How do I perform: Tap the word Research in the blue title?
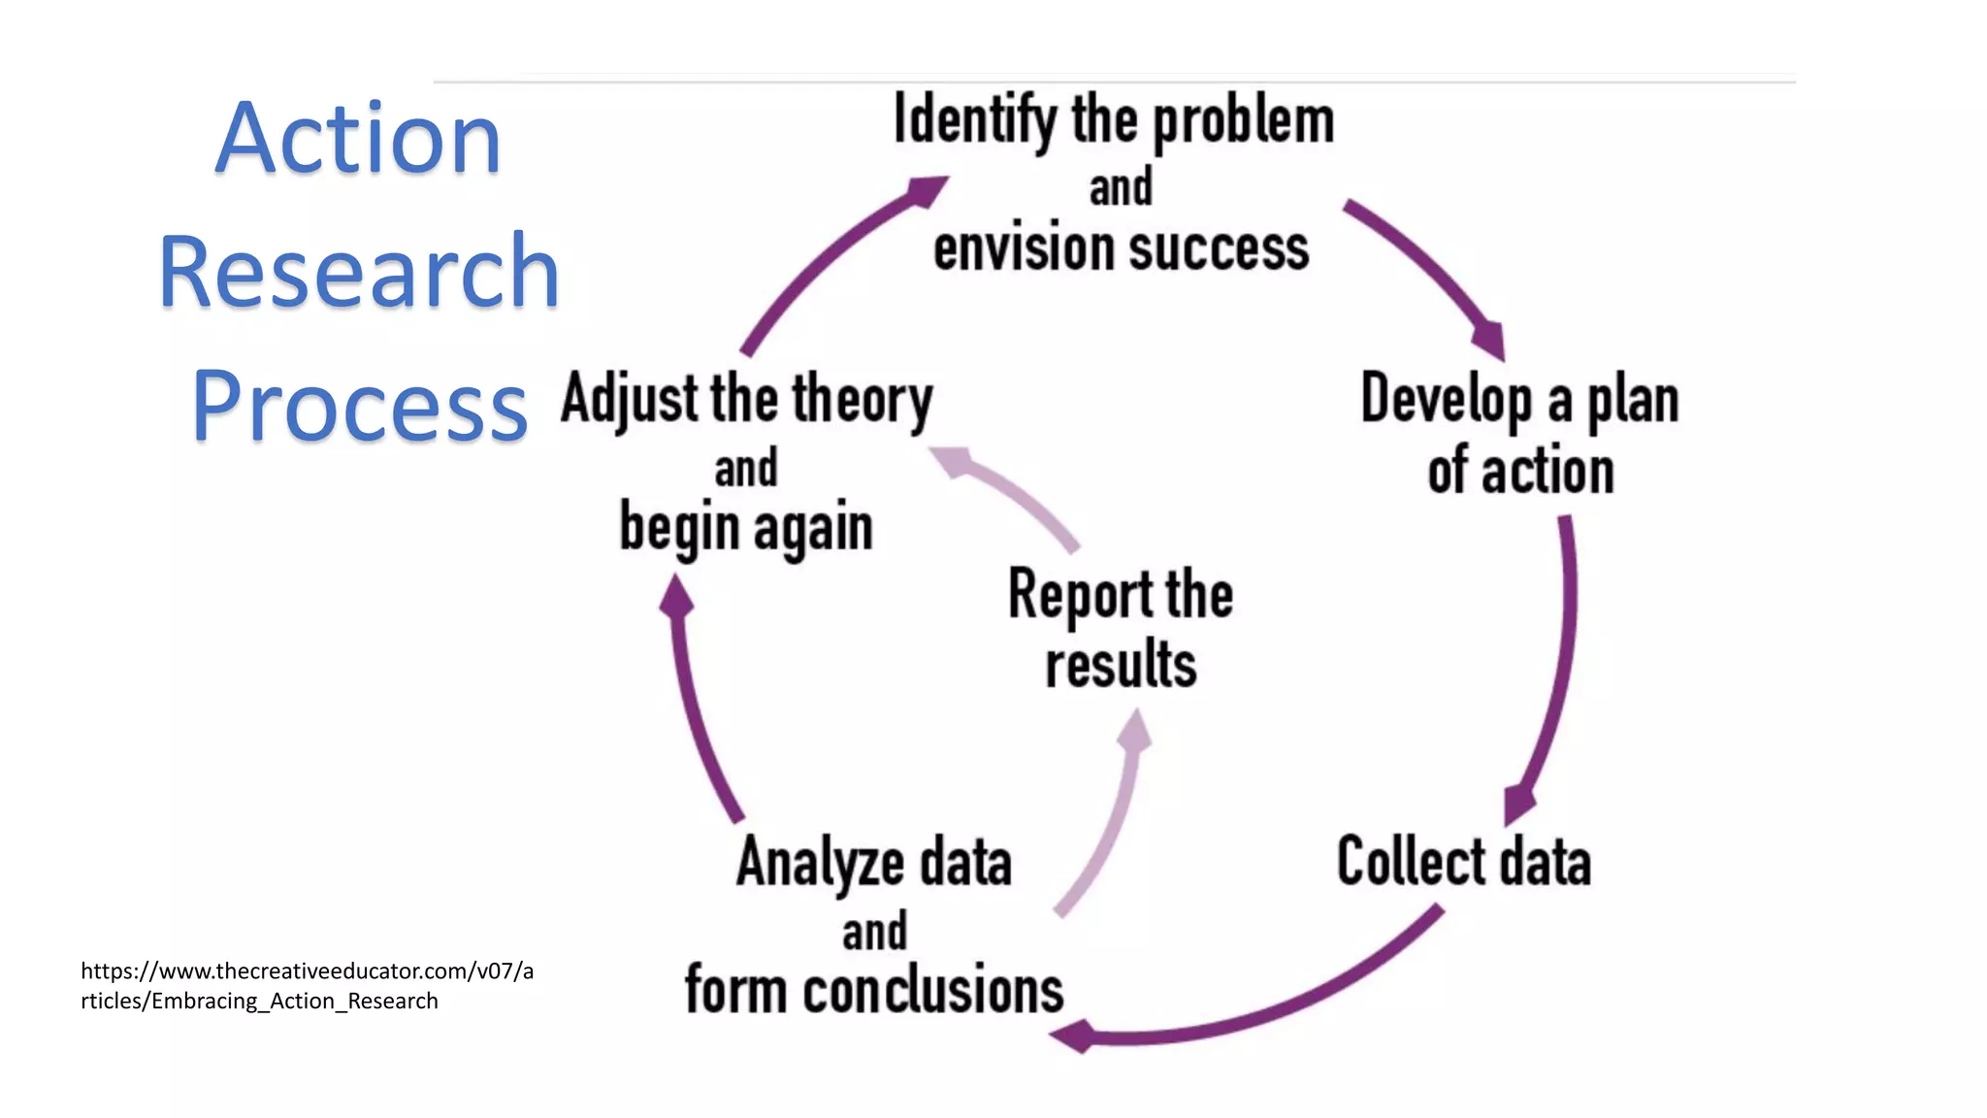(x=359, y=273)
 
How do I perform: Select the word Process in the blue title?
(x=359, y=407)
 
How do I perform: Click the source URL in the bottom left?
(x=307, y=985)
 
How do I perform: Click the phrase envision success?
(x=1121, y=248)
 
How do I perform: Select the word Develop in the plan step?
(x=1447, y=399)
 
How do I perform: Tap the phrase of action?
(x=1520, y=472)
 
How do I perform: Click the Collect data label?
(x=1463, y=862)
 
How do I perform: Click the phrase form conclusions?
(x=874, y=990)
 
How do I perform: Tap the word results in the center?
(x=1121, y=665)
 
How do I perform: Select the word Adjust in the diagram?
(x=630, y=400)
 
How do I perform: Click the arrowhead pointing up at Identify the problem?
(x=927, y=188)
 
